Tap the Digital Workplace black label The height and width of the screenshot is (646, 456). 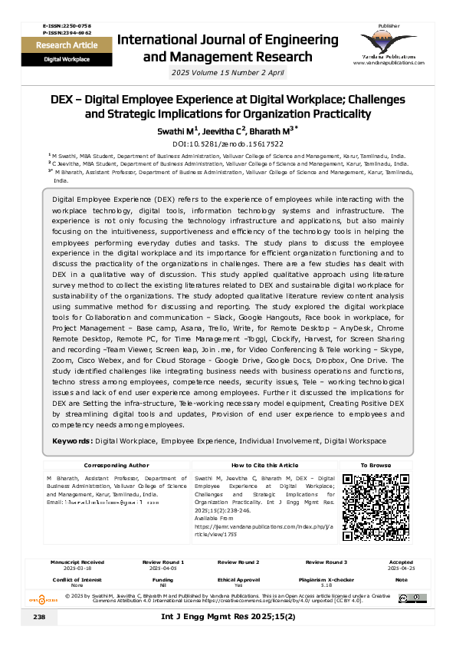tap(66, 58)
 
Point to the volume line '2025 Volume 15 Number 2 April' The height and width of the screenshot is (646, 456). tap(228, 72)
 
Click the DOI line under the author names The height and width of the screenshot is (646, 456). tap(228, 143)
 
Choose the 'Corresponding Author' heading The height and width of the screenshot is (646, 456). tap(116, 466)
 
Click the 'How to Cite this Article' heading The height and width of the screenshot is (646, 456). tap(264, 466)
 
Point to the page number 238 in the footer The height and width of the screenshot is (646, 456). tap(40, 617)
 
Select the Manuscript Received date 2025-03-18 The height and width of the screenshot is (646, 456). tap(77, 569)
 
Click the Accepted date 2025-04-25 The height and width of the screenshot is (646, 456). tap(401, 569)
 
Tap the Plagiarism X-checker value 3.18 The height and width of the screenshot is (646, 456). tap(326, 585)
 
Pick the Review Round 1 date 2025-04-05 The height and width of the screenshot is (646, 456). tap(162, 569)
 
